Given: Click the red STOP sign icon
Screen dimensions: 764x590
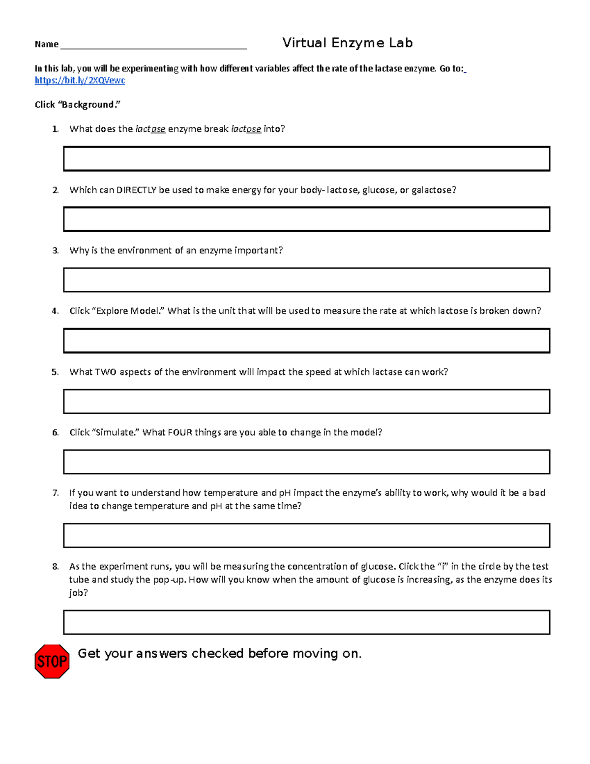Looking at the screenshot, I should click(52, 661).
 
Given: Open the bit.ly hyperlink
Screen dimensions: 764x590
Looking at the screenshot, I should click(80, 81).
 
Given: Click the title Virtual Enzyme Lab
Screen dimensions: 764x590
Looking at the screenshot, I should click(347, 43).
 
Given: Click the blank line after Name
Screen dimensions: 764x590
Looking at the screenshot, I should click(152, 45).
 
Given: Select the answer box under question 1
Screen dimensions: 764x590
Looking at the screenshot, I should click(306, 158).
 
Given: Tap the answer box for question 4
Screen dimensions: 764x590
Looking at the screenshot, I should click(306, 340).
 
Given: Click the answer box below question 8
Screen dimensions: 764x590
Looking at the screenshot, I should click(306, 622).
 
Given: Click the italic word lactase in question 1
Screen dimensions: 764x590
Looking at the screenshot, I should click(150, 129).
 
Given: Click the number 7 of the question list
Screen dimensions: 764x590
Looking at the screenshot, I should click(55, 493).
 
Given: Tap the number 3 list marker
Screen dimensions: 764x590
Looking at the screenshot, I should click(55, 250).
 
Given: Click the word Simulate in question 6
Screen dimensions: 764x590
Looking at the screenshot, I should click(116, 432).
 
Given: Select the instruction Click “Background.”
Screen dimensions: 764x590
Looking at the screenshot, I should click(78, 105).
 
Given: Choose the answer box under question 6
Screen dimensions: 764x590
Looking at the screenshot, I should click(306, 461).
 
